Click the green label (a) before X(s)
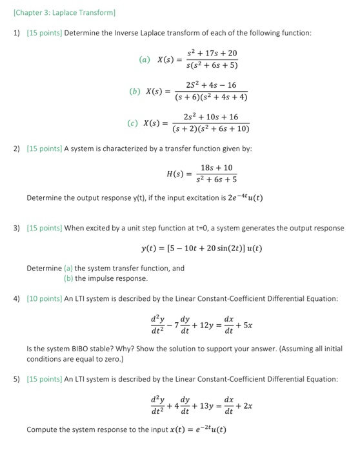(x=144, y=60)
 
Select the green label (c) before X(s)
(x=134, y=123)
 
